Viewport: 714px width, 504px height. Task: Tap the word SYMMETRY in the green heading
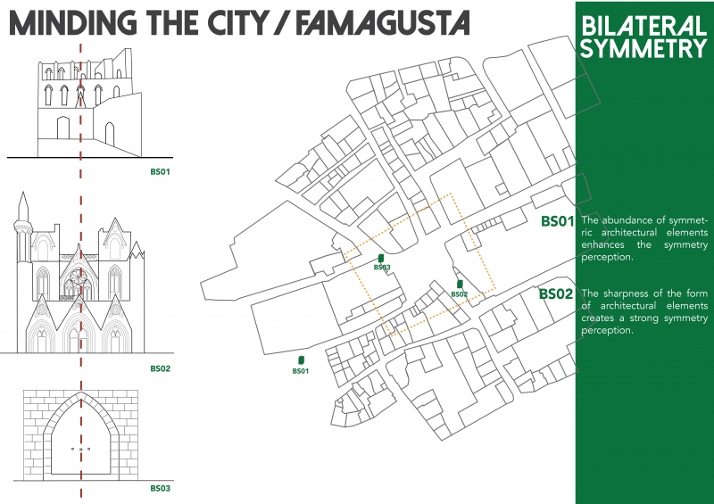coord(643,48)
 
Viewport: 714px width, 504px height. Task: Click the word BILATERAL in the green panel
coord(643,24)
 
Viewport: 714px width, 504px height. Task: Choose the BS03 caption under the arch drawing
coord(160,488)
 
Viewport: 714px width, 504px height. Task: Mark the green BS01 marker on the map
coord(301,361)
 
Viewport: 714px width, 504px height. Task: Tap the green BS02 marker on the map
coord(460,284)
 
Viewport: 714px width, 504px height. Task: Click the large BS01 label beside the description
coord(557,221)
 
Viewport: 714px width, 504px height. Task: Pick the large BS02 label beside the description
coord(557,293)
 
